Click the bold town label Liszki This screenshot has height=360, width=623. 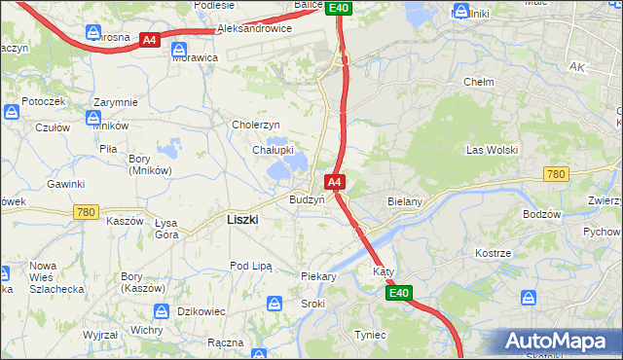(241, 220)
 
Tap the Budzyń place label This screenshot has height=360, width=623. (307, 198)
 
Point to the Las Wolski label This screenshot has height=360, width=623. (492, 150)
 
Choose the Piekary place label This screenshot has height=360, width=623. (318, 276)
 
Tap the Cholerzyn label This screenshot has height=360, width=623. (256, 125)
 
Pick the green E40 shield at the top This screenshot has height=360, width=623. (338, 8)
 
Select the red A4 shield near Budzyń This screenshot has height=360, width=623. (334, 182)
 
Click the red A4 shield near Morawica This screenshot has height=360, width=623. (149, 40)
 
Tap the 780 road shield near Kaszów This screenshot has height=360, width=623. (87, 211)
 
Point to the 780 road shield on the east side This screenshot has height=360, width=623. (556, 173)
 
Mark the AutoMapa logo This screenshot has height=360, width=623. (559, 342)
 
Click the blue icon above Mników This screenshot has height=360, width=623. (94, 119)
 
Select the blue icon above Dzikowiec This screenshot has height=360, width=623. (162, 312)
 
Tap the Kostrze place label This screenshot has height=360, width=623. (494, 253)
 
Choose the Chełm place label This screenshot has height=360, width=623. (479, 82)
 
